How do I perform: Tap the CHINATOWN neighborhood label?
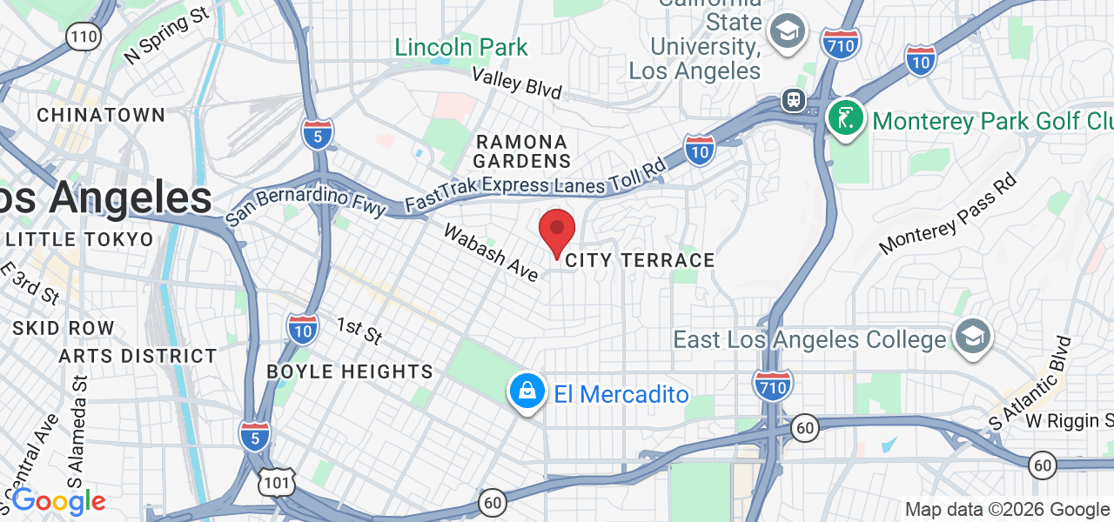pos(101,115)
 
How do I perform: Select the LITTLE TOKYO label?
pos(79,239)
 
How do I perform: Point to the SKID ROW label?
pos(64,328)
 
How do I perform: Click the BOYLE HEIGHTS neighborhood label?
pos(350,371)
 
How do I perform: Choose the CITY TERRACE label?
pos(640,260)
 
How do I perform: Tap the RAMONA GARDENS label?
pos(522,151)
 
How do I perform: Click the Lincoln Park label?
pos(461,47)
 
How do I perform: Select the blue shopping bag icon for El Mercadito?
pos(527,393)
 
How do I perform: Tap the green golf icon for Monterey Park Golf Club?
pos(844,119)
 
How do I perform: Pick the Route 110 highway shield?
pos(85,37)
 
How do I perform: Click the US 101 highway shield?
pos(277,481)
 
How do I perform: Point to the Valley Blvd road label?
pos(517,82)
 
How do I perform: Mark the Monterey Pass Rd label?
pos(948,214)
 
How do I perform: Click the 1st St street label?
pos(359,331)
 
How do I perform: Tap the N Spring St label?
pos(168,37)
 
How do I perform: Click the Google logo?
pos(58,502)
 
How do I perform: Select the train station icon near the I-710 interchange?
pos(793,100)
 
